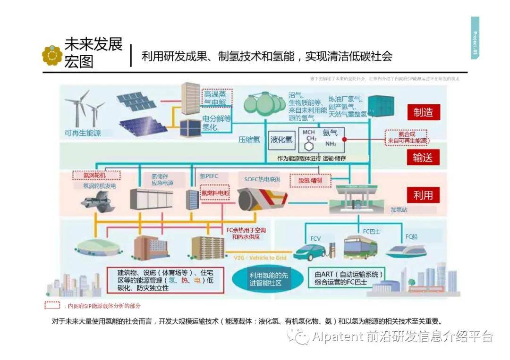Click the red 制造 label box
tap(423, 113)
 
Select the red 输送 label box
tap(423, 157)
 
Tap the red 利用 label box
tap(423, 194)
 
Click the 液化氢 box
tap(281, 140)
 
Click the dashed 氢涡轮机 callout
tap(96, 175)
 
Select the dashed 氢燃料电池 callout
tap(215, 193)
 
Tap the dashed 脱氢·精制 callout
tap(309, 180)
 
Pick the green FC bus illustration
tap(360, 247)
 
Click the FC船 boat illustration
tap(407, 251)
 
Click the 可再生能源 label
tap(83, 133)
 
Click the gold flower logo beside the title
tap(52, 55)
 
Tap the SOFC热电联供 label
tap(262, 179)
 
